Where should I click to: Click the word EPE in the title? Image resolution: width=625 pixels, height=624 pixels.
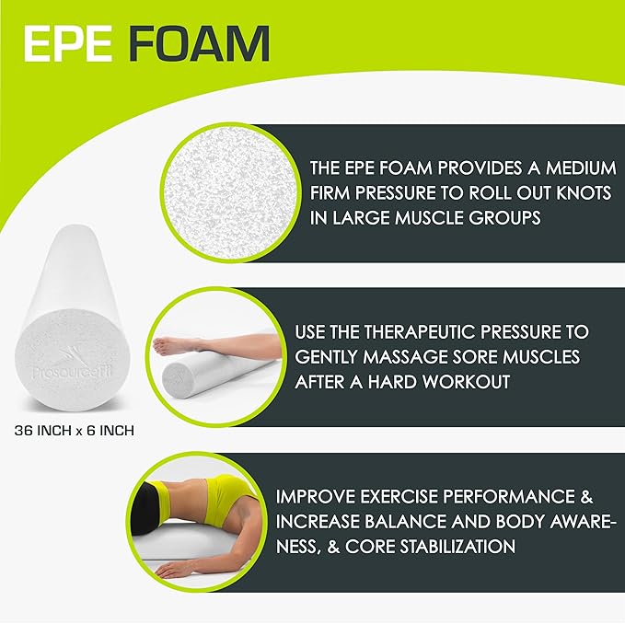pyautogui.click(x=74, y=43)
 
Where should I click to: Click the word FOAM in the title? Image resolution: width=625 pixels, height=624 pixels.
pyautogui.click(x=199, y=43)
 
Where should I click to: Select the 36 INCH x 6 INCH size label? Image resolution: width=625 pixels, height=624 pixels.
pyautogui.click(x=78, y=429)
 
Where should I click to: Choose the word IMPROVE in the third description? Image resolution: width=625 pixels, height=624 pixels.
pyautogui.click(x=313, y=497)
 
